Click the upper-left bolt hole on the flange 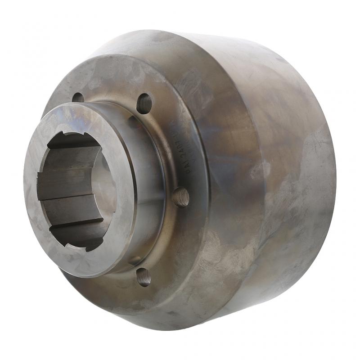click(78, 97)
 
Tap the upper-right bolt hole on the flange click(144, 103)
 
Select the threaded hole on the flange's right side click(181, 197)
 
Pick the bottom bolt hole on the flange click(144, 276)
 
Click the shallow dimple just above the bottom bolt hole click(135, 260)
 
